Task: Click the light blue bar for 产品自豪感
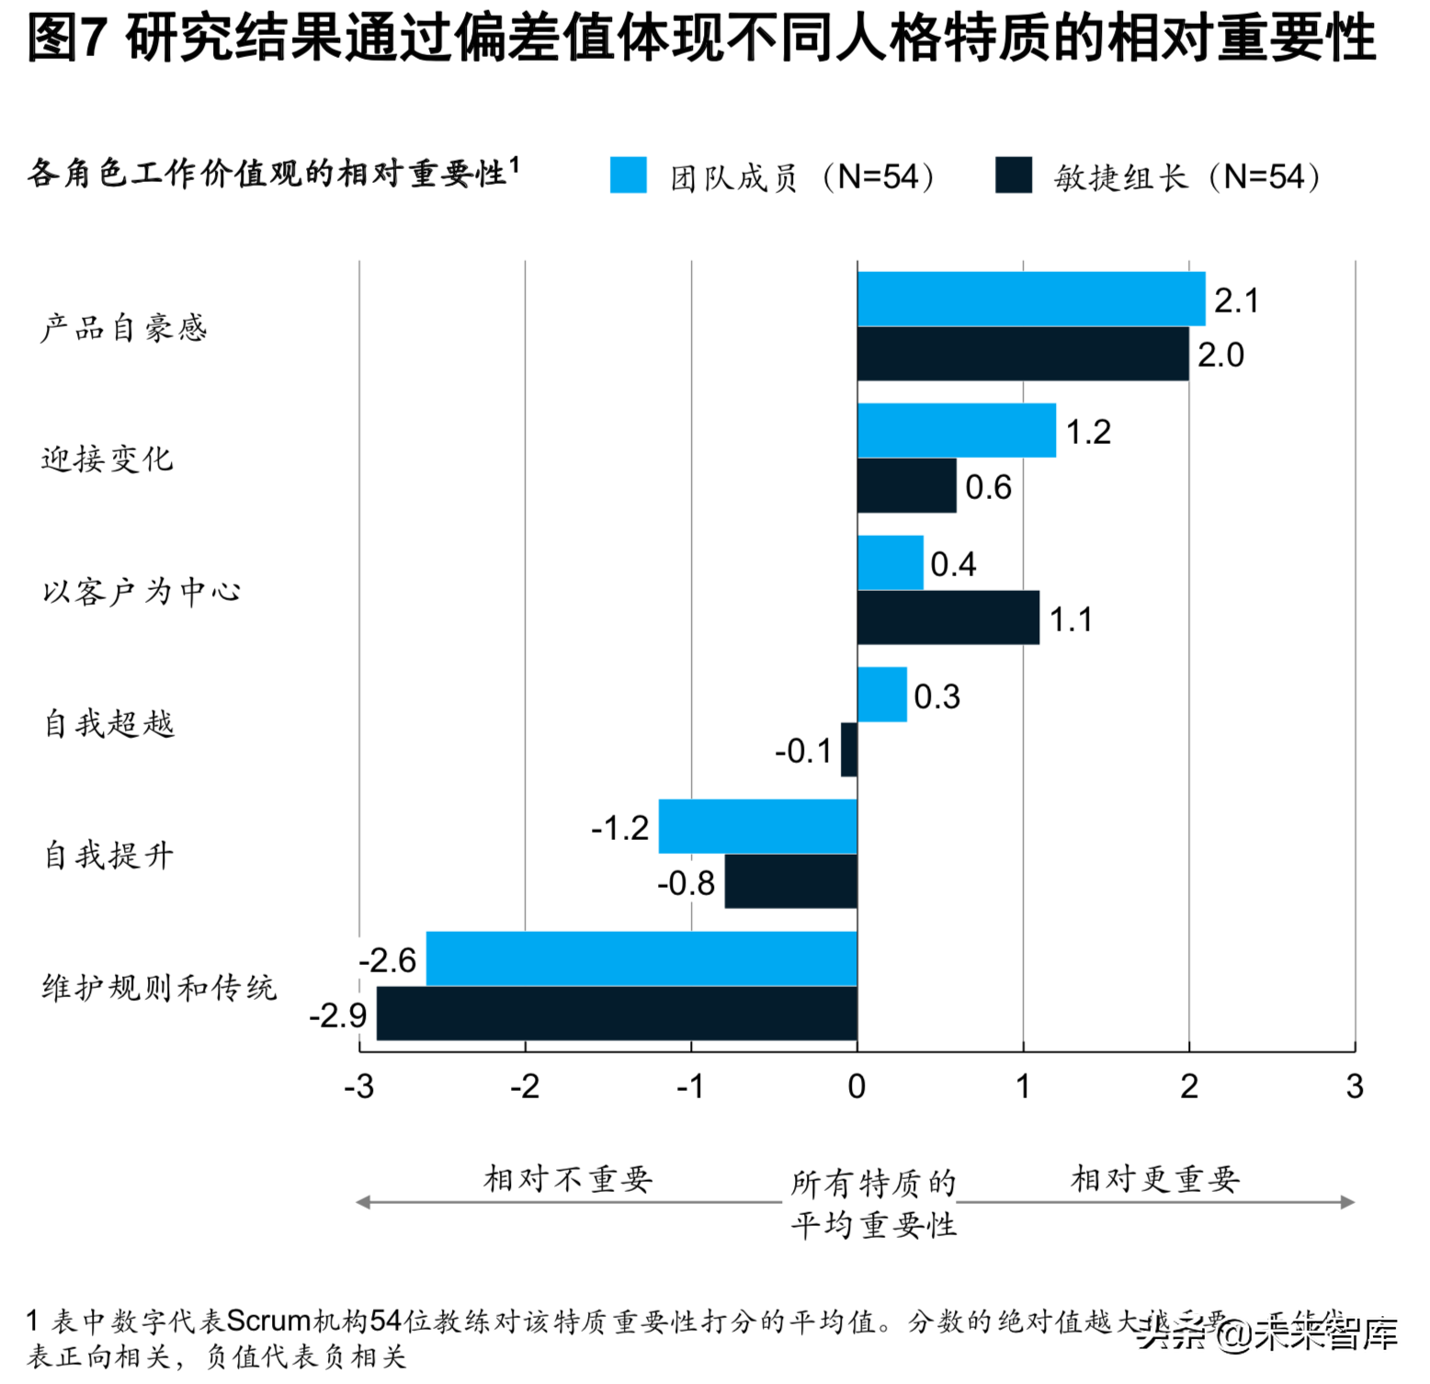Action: point(1030,299)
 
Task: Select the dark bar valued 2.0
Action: point(1022,354)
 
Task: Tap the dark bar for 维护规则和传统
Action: point(617,1014)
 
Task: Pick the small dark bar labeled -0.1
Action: point(849,750)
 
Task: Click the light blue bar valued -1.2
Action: point(757,827)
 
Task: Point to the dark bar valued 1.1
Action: point(948,618)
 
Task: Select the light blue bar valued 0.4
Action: point(890,562)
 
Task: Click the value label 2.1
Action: point(1236,301)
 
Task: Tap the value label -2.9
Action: point(337,1015)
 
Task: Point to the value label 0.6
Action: point(988,487)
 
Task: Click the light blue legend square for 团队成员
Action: point(629,175)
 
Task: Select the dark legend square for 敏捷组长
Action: point(1013,175)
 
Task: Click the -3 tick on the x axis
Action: point(359,1087)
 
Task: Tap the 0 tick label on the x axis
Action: point(857,1087)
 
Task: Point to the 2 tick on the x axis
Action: point(1188,1087)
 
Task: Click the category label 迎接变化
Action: point(107,459)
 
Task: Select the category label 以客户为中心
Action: point(142,591)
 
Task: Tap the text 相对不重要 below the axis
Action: point(568,1179)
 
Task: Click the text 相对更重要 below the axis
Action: point(1155,1179)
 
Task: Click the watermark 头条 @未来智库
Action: point(1267,1333)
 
